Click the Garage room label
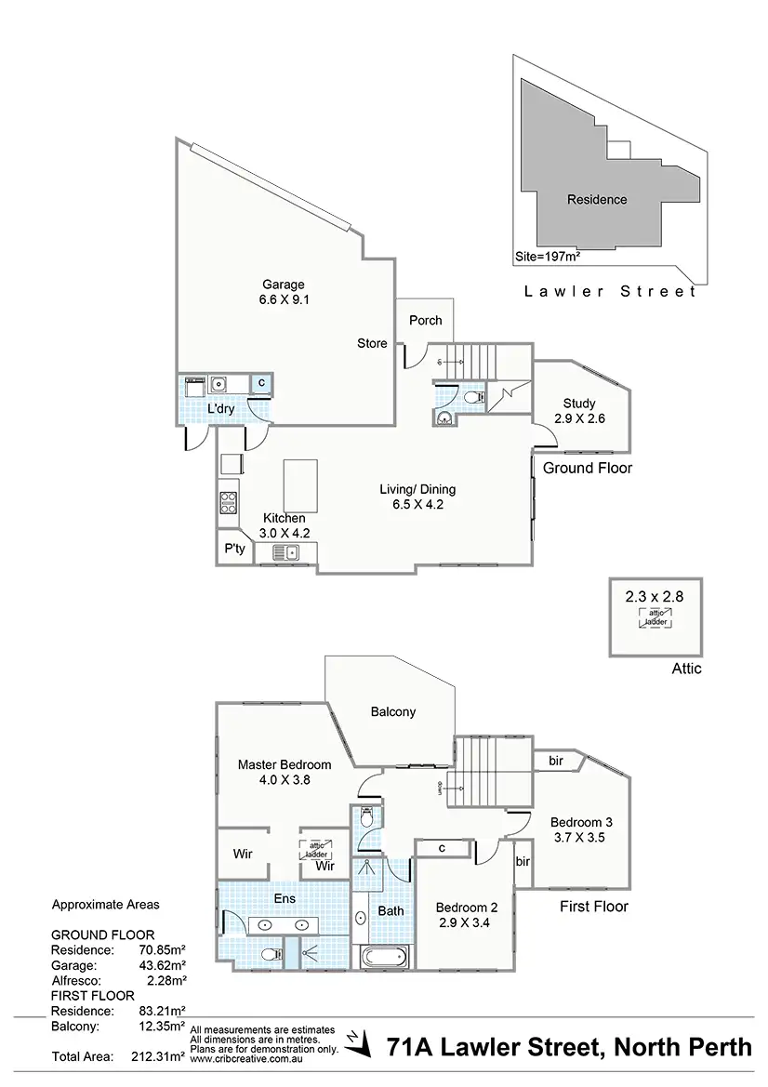pyautogui.click(x=283, y=285)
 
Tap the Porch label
pyautogui.click(x=426, y=321)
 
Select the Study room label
pyautogui.click(x=579, y=403)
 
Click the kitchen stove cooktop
pyautogui.click(x=229, y=502)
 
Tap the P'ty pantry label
pyautogui.click(x=234, y=549)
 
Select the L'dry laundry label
pyautogui.click(x=220, y=409)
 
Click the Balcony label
pyautogui.click(x=393, y=711)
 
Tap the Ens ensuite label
pyautogui.click(x=284, y=899)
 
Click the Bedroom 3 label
pyautogui.click(x=581, y=822)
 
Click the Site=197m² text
pyautogui.click(x=549, y=255)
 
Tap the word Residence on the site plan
pyautogui.click(x=597, y=199)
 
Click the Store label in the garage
pyautogui.click(x=372, y=343)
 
